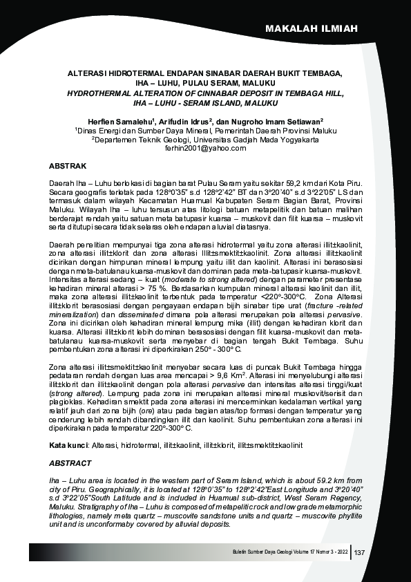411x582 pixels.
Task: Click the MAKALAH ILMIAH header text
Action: coord(312,28)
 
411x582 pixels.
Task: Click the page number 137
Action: coord(359,552)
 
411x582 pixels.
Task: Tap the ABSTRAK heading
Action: coord(67,167)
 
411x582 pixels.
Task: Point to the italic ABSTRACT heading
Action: coord(70,463)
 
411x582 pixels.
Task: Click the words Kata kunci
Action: coord(70,446)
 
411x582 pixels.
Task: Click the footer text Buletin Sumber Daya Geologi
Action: coord(263,552)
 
